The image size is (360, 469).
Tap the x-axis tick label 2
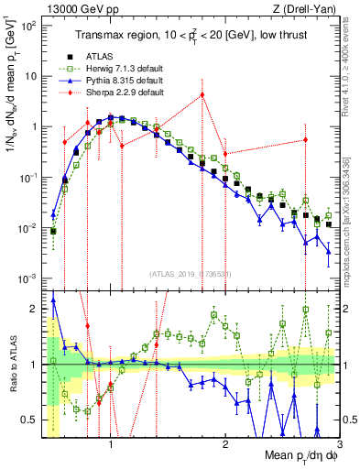[x=225, y=442]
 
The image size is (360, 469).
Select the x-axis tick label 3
[x=339, y=442]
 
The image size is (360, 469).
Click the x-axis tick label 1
[x=111, y=442]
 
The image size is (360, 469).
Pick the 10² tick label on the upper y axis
[x=27, y=26]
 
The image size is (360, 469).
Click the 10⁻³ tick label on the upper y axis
[x=27, y=278]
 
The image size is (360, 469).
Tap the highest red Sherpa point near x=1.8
[x=202, y=94]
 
